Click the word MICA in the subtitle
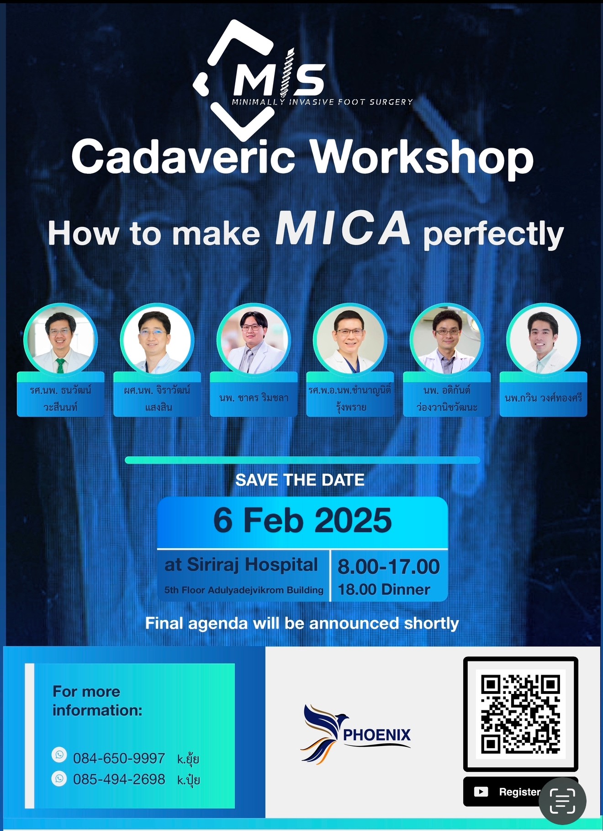pos(343,228)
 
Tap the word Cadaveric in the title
pos(184,157)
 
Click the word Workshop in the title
pos(422,159)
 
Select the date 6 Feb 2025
pos(302,521)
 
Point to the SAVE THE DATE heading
pos(300,480)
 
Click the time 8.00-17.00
pos(389,567)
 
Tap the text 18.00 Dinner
pos(384,590)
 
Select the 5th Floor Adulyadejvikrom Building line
pos(244,590)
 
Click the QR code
pos(521,714)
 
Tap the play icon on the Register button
pos(481,792)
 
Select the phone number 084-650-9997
pos(119,758)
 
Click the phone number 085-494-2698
pos(119,779)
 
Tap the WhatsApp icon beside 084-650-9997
pos(59,755)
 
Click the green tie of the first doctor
pos(60,366)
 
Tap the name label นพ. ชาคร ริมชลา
pos(254,398)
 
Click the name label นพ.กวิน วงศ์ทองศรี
pos(543,398)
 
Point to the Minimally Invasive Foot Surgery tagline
pos(323,102)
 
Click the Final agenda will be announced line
pos(302,623)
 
